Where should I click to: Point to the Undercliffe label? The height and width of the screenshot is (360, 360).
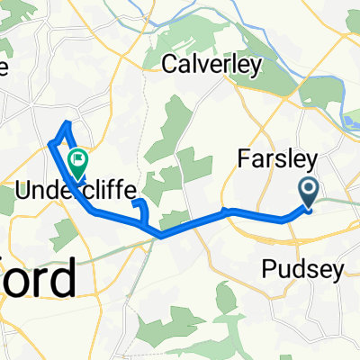tap(78, 190)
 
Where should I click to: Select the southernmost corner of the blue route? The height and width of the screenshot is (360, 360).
tap(161, 237)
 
